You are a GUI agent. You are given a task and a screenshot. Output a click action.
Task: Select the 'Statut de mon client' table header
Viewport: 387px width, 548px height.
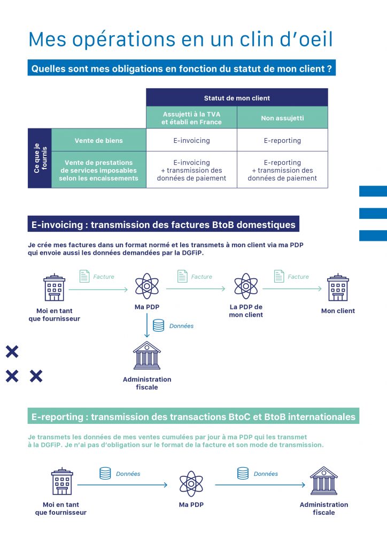pos(237,98)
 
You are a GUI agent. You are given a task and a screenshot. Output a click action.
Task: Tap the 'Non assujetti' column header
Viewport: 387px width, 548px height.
pos(282,118)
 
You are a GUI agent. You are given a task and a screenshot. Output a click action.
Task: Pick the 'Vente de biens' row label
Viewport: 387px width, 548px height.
pos(98,141)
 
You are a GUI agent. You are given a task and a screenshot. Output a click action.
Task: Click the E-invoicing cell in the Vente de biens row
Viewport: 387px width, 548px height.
pos(191,141)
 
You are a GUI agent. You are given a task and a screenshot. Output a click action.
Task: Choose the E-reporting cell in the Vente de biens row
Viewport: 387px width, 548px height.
pos(282,141)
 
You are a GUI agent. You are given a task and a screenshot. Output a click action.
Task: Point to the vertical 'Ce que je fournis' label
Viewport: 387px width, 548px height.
pos(40,158)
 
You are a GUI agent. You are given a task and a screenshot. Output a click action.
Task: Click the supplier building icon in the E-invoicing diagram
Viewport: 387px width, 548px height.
pos(55,287)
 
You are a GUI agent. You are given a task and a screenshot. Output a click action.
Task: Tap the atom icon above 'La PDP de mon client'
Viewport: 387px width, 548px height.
pos(246,286)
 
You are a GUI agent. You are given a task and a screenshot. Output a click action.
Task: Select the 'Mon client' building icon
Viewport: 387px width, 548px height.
pos(338,287)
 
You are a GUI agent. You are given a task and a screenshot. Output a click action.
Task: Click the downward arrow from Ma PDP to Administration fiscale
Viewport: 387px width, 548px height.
pos(147,326)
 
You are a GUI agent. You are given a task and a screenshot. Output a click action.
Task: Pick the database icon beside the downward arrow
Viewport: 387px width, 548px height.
pos(158,325)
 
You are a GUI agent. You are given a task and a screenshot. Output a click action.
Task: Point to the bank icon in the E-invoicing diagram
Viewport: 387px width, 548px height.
pos(147,356)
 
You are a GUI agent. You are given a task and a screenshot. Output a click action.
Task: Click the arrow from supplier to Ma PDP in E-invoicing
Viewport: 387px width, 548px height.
pos(98,290)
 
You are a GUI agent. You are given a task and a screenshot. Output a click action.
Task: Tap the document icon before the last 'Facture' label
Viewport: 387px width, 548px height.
pos(279,276)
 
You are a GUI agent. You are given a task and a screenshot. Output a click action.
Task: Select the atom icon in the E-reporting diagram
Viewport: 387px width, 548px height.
pos(191,483)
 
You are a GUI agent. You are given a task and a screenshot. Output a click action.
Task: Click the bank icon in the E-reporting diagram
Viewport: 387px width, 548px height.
pos(324,481)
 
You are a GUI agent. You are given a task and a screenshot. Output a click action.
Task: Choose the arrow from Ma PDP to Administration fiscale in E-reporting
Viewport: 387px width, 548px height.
pos(260,485)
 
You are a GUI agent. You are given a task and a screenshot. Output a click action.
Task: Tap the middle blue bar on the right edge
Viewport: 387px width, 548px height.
pos(373,213)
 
